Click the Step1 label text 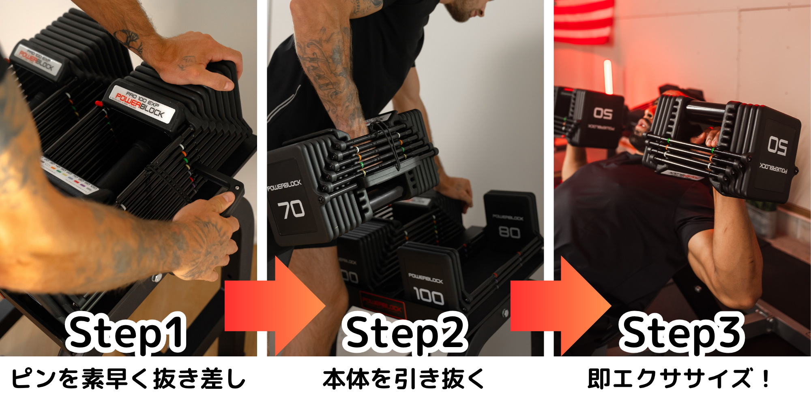click(x=126, y=333)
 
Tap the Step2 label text click(x=405, y=333)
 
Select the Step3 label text click(x=681, y=333)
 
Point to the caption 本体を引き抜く click(x=404, y=379)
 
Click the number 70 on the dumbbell click(x=291, y=209)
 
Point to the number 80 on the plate click(x=509, y=232)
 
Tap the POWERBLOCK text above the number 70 click(x=284, y=185)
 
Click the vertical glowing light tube click(x=607, y=77)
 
